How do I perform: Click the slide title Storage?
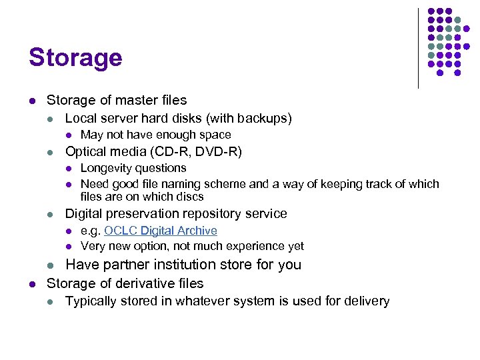point(75,57)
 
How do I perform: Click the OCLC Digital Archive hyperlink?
point(161,231)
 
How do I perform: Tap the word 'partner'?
point(121,265)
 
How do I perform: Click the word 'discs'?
point(190,197)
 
